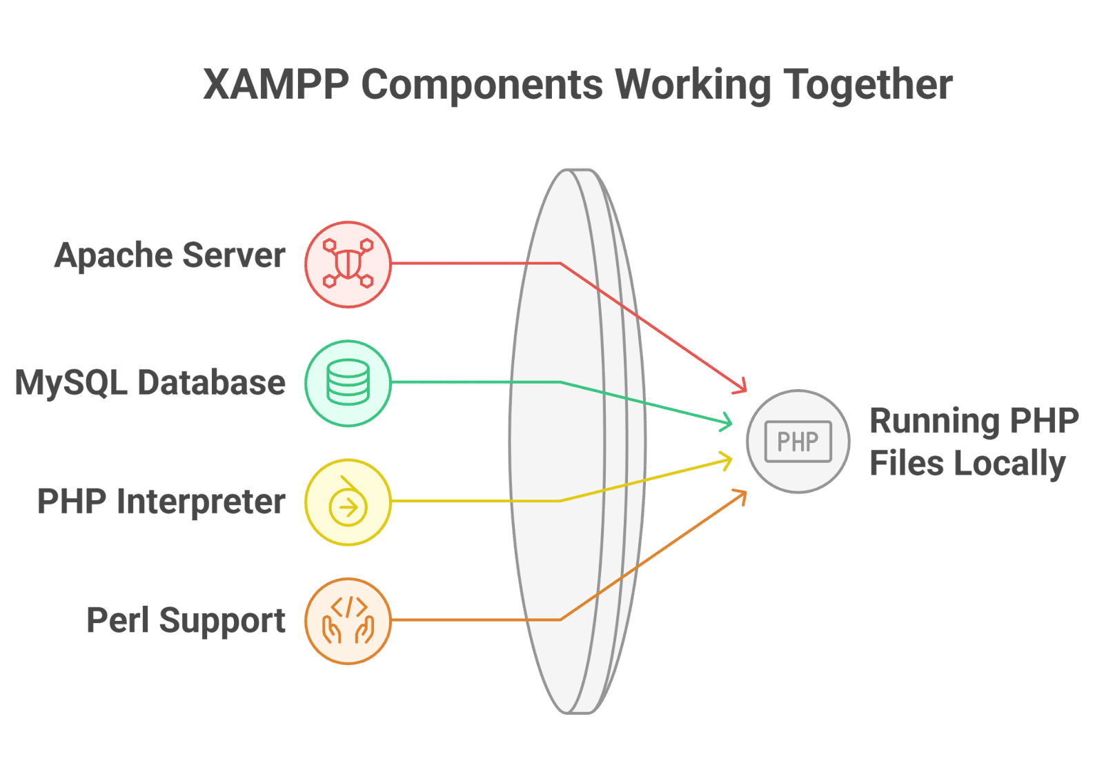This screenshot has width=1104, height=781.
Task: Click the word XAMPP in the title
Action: tap(277, 85)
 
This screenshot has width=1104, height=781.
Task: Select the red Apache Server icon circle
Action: tap(348, 264)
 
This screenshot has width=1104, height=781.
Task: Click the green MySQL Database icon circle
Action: tap(348, 383)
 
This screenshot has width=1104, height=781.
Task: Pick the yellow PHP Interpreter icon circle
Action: tap(348, 502)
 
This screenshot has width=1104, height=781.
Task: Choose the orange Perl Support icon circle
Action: tap(348, 621)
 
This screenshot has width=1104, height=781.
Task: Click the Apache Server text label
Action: tap(170, 256)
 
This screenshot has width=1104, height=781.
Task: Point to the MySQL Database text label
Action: tap(150, 383)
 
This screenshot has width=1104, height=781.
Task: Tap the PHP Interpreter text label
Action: tap(161, 502)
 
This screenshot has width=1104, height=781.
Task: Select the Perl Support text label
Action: tap(186, 620)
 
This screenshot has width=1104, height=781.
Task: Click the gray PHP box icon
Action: tap(798, 442)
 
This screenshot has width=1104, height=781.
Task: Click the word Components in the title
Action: tap(482, 85)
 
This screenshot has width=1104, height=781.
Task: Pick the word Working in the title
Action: tap(693, 85)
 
